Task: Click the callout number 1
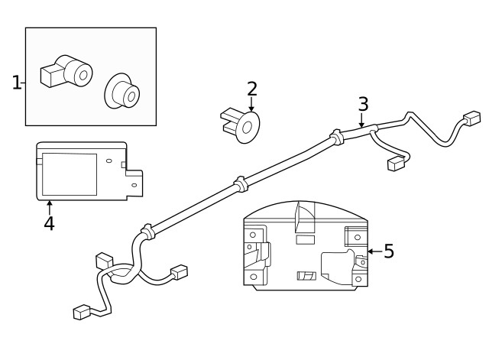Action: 16,82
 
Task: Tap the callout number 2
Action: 252,89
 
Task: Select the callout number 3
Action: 363,103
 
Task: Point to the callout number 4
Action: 49,224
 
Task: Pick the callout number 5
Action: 389,251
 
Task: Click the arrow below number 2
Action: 251,107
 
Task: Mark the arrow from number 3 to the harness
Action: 361,121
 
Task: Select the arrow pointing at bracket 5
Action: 373,251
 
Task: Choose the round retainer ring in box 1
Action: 122,92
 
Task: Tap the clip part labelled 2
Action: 241,125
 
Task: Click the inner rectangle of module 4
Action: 69,174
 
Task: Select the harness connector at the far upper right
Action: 471,118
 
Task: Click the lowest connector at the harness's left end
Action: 82,312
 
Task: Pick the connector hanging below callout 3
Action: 396,163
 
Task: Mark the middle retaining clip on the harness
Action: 239,183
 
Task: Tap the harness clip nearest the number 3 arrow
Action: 335,137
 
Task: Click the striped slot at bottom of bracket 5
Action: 305,275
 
